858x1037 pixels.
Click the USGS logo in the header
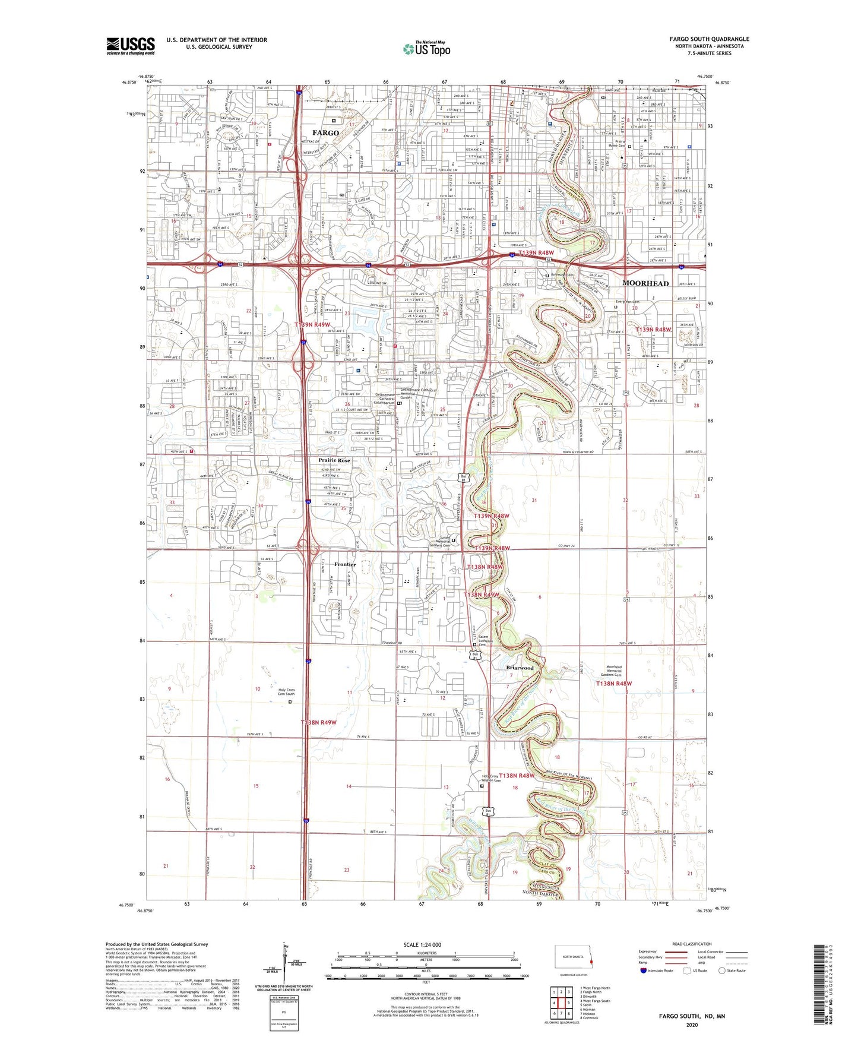coord(130,46)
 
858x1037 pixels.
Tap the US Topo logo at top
coord(426,49)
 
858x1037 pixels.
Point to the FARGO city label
coord(325,132)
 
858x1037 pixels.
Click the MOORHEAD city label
coord(645,283)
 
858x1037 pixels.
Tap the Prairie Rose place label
coord(334,460)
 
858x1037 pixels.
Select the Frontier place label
coord(345,564)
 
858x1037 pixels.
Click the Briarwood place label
coord(520,668)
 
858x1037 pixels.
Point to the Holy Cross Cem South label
coord(286,692)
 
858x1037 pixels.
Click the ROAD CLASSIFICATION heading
coord(692,944)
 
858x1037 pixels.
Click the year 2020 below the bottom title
coord(692,1025)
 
